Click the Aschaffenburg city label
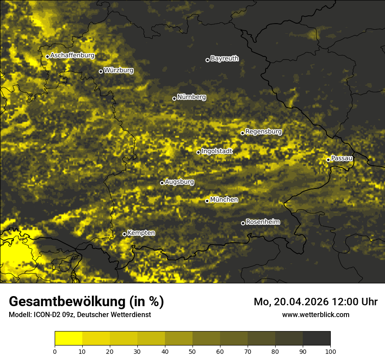(72, 56)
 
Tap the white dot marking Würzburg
(101, 71)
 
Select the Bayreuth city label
(224, 59)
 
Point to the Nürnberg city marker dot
(174, 98)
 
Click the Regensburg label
(263, 132)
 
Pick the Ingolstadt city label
(217, 151)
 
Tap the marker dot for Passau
(328, 160)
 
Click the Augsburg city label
(179, 182)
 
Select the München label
(224, 200)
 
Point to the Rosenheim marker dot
(243, 223)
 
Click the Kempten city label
(141, 233)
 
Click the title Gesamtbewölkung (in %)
(86, 302)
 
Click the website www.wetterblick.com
(315, 314)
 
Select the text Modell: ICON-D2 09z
(43, 315)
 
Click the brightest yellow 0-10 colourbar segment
(68, 339)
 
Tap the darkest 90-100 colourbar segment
(316, 339)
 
